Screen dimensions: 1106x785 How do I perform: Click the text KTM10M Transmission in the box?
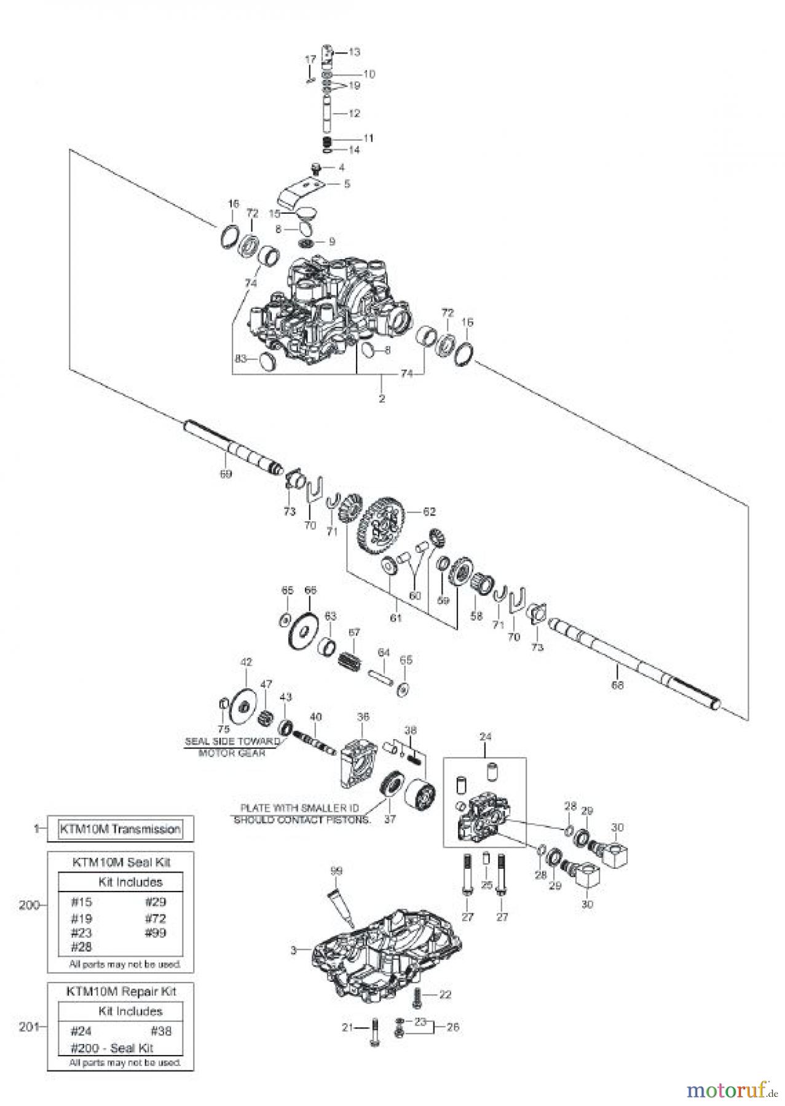pyautogui.click(x=120, y=829)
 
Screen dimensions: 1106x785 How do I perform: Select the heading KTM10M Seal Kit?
pyautogui.click(x=120, y=862)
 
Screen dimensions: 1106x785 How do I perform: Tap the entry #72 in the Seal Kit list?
pyautogui.click(x=156, y=919)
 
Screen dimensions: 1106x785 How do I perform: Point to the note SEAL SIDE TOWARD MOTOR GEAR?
pyautogui.click(x=232, y=747)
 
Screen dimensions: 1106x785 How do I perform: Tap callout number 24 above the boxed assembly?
pyautogui.click(x=486, y=736)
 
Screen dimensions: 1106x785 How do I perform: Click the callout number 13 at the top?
pyautogui.click(x=355, y=52)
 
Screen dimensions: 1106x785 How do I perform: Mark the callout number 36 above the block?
pyautogui.click(x=363, y=716)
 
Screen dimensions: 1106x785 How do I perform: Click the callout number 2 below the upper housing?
pyautogui.click(x=382, y=398)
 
